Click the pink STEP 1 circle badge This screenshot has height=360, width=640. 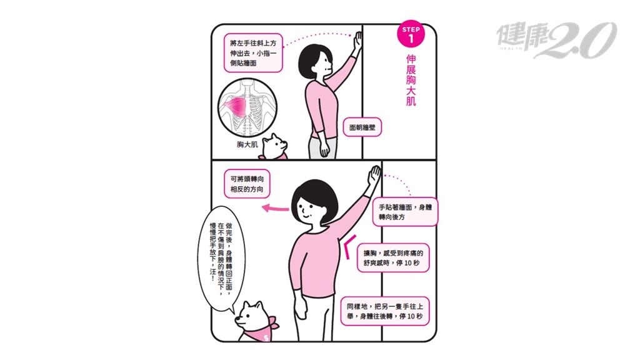click(411, 34)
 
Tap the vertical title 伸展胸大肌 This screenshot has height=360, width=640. click(411, 80)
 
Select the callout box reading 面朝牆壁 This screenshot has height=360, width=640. click(362, 127)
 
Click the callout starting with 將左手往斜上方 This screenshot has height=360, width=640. click(253, 53)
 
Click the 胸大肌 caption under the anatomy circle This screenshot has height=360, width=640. click(247, 144)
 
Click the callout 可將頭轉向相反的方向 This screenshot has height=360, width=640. click(247, 184)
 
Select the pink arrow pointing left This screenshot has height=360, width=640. click(275, 209)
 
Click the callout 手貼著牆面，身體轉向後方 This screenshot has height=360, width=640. click(405, 212)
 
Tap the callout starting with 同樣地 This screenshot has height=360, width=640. click(385, 311)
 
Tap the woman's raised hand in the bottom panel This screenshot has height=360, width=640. click(374, 176)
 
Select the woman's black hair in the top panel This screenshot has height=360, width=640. click(312, 59)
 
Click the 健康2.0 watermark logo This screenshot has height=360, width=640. click(556, 39)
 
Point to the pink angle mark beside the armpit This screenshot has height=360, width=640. click(349, 246)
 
